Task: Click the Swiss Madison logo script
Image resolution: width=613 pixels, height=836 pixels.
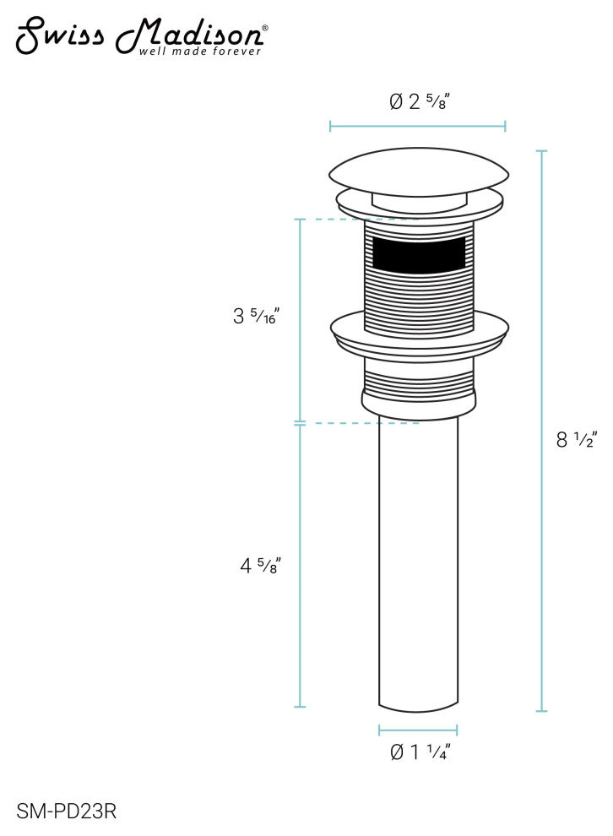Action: (x=139, y=35)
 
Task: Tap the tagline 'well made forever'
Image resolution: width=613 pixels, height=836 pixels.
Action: (x=200, y=52)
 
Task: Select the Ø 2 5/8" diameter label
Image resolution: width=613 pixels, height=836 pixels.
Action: (x=420, y=100)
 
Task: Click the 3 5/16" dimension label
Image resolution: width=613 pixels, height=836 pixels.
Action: (x=256, y=316)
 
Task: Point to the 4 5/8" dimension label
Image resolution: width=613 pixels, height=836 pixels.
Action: (x=260, y=565)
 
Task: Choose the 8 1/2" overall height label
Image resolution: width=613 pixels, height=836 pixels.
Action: (x=576, y=439)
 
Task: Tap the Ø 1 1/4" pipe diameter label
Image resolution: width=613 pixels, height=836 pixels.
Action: (x=420, y=752)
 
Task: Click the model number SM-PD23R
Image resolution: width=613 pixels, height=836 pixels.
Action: (x=66, y=812)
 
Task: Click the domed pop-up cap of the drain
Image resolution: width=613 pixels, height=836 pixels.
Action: (x=419, y=172)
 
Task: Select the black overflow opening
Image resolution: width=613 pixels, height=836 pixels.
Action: (x=419, y=255)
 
